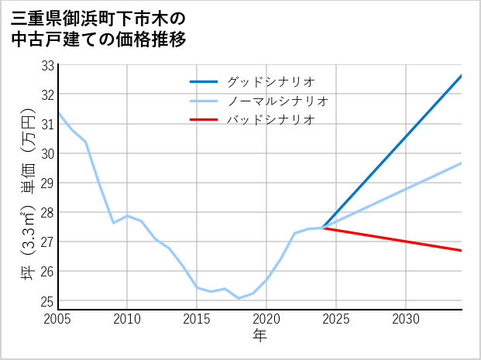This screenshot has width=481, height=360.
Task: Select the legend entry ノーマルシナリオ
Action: point(277,101)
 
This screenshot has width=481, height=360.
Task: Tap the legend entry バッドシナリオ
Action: point(270,120)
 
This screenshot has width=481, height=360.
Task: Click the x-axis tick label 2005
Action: point(58,319)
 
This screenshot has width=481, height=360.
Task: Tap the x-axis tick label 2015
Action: point(198,319)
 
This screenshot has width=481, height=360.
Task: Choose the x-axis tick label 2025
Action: point(336,319)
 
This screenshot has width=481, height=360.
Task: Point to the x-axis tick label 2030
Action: point(406,319)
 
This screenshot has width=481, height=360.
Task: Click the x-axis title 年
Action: point(260,335)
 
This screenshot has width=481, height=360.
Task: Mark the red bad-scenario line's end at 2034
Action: point(462,251)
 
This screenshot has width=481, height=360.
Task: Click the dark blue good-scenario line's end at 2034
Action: point(462,76)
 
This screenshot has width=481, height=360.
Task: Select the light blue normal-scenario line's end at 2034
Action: point(462,163)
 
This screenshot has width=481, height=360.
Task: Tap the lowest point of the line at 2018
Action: point(239,298)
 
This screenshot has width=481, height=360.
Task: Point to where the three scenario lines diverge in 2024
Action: point(323,228)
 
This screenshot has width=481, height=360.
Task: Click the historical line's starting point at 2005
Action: point(58,113)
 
